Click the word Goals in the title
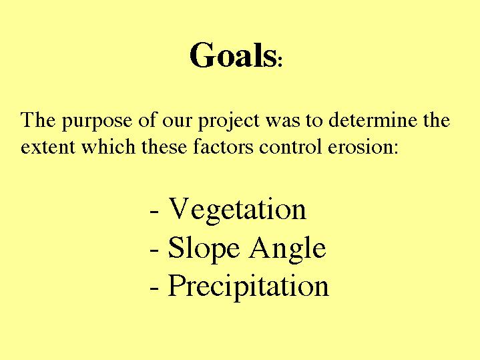point(233,55)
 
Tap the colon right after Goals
point(280,61)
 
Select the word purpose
point(97,120)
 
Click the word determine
point(373,119)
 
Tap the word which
point(108,146)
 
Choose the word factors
point(223,146)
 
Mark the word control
point(290,146)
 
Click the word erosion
point(359,147)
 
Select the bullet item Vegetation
point(237,209)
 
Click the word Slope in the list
point(204,248)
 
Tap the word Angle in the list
point(287,248)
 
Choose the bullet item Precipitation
point(248,286)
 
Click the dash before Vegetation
point(154,212)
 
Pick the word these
point(164,146)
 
